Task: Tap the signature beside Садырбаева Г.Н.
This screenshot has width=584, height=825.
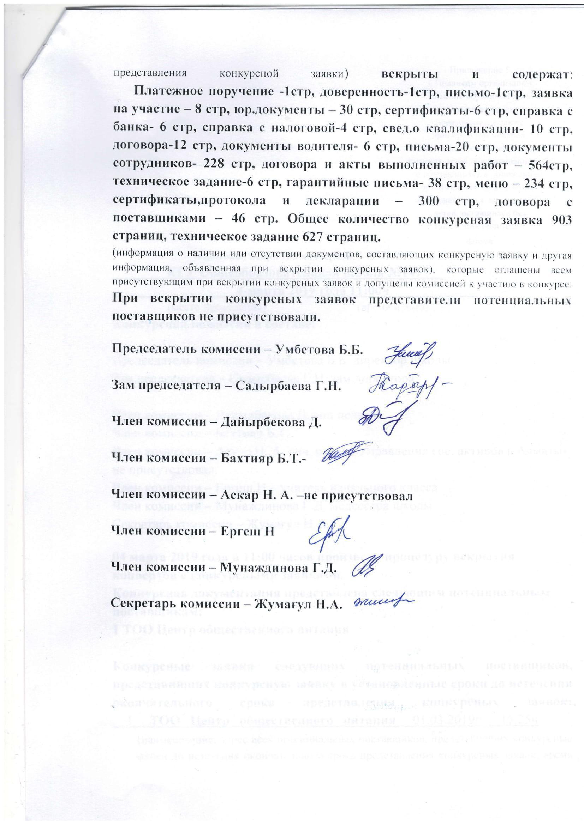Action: coord(424,385)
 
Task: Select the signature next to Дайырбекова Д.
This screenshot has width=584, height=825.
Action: coord(381,418)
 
